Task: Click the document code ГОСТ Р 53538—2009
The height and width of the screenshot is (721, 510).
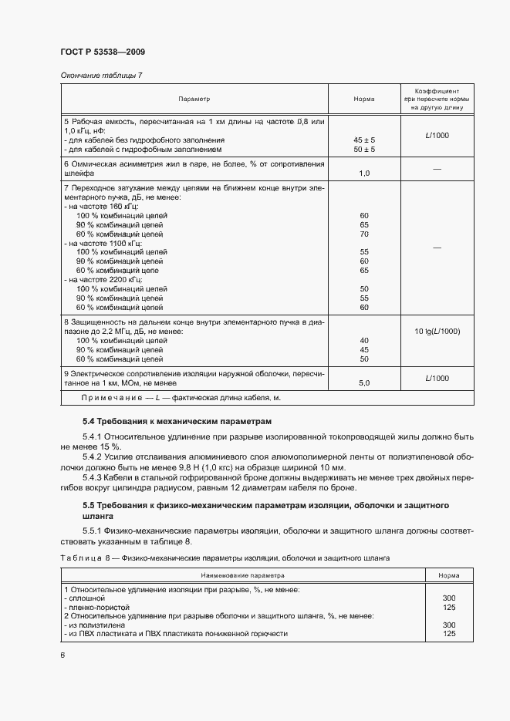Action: pyautogui.click(x=102, y=52)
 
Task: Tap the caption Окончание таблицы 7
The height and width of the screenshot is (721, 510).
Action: pyautogui.click(x=101, y=75)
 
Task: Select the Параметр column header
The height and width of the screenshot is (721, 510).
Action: pyautogui.click(x=194, y=99)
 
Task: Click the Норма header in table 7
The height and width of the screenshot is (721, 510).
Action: pyautogui.click(x=363, y=99)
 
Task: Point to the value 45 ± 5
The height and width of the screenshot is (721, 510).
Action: pyautogui.click(x=363, y=140)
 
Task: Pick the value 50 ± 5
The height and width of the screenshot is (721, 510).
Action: pyautogui.click(x=363, y=149)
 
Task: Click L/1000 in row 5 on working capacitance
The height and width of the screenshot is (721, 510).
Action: pyautogui.click(x=437, y=136)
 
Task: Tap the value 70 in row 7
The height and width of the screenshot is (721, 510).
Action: pyautogui.click(x=364, y=234)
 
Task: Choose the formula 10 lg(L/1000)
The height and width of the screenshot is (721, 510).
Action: pyautogui.click(x=437, y=331)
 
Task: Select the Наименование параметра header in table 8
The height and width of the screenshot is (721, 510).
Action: pyautogui.click(x=243, y=575)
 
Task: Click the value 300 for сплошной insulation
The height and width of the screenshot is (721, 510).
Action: pyautogui.click(x=449, y=598)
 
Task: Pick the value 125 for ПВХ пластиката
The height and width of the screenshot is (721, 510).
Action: pyautogui.click(x=449, y=634)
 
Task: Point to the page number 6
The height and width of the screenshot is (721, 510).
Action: pyautogui.click(x=62, y=655)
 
